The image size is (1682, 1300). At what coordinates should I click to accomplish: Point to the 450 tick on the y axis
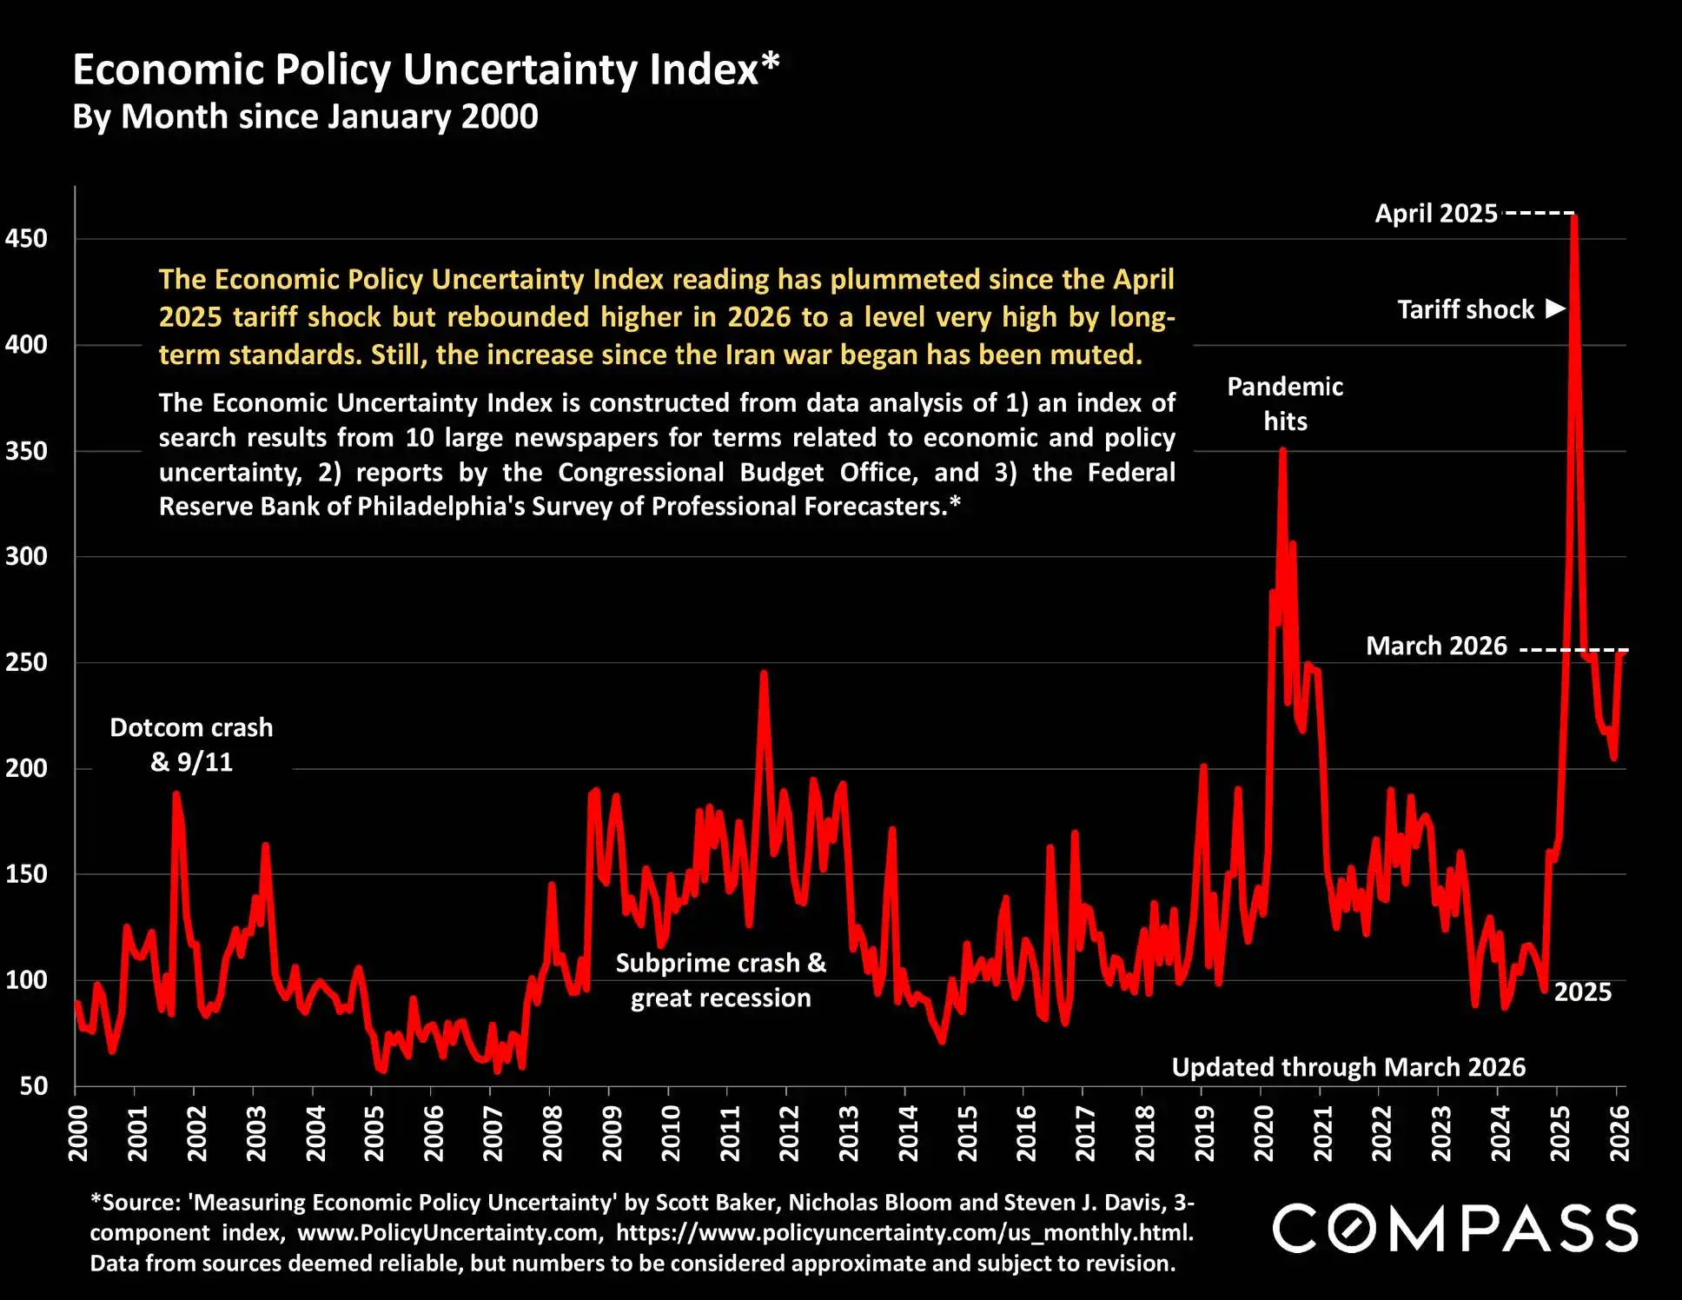(x=26, y=238)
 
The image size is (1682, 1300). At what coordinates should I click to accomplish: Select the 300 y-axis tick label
(x=26, y=556)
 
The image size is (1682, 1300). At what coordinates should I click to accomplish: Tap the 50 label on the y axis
(x=33, y=1085)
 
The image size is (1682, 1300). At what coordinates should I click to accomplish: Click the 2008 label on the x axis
(x=553, y=1133)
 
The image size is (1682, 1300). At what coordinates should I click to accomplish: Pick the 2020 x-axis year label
(x=1263, y=1133)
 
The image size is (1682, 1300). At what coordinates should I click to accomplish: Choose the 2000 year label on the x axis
(x=78, y=1133)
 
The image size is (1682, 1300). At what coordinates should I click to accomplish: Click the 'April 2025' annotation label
(x=1436, y=214)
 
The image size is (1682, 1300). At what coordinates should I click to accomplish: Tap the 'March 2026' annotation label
(x=1436, y=647)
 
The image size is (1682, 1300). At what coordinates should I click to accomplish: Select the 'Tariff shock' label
(x=1466, y=310)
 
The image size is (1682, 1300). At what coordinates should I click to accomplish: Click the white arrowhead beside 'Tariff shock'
(x=1555, y=308)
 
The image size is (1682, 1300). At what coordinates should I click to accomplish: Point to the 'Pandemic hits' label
(x=1285, y=404)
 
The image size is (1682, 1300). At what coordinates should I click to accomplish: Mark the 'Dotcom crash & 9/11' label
(x=191, y=745)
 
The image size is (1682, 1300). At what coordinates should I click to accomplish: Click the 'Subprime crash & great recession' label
(x=721, y=980)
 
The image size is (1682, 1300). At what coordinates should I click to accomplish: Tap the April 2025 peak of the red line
(x=1574, y=217)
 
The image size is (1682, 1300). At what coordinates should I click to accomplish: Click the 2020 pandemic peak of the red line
(x=1282, y=451)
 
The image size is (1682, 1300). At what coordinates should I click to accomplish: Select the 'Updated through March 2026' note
(x=1348, y=1067)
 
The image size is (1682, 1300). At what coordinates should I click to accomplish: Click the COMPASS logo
(x=1455, y=1228)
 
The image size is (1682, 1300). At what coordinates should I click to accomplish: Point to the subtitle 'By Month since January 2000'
(x=305, y=116)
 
